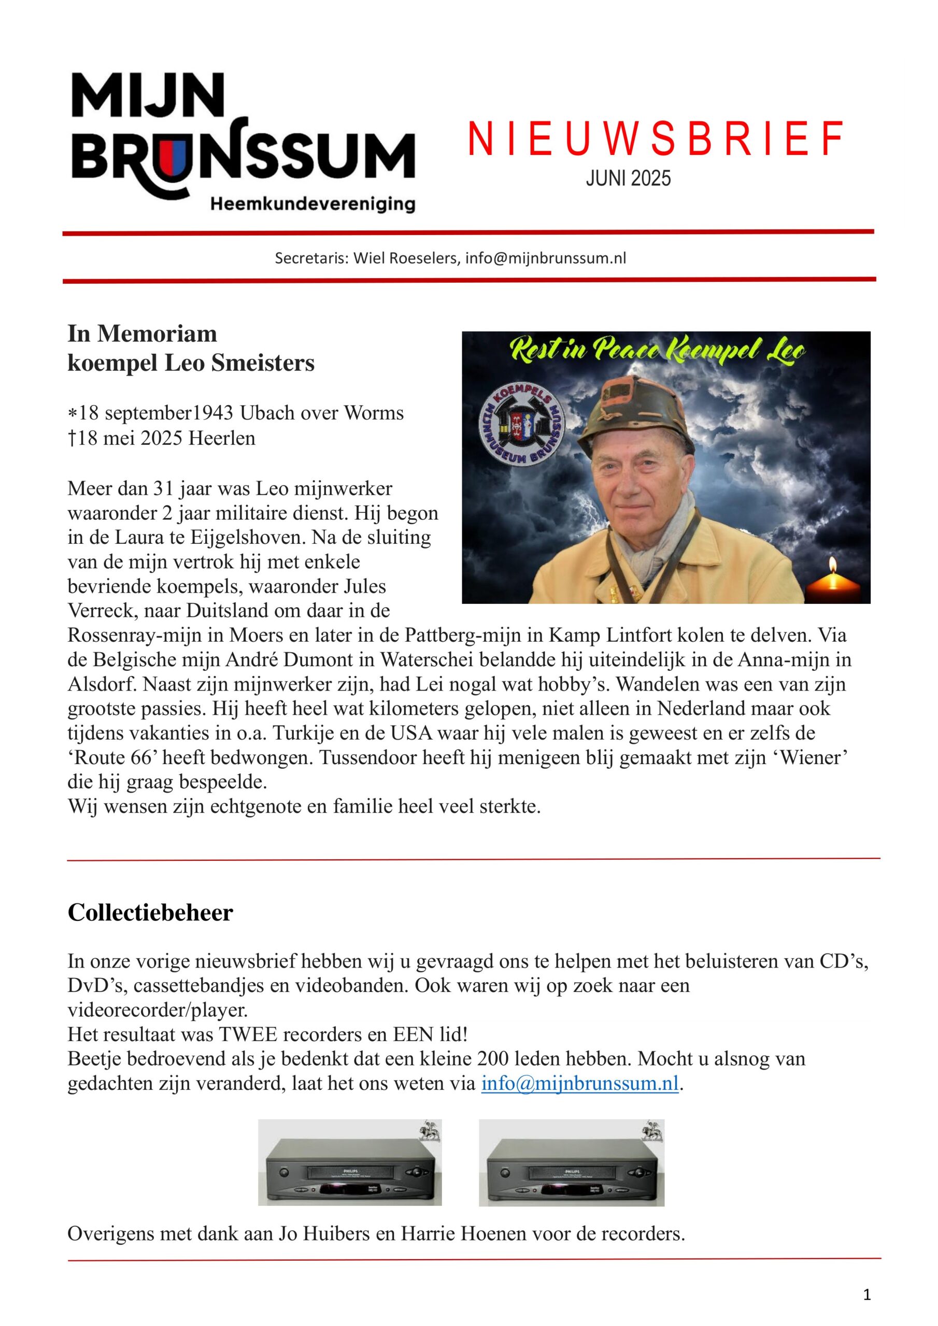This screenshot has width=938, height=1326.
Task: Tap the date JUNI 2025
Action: point(628,179)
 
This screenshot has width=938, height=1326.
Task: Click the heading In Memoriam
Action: point(142,334)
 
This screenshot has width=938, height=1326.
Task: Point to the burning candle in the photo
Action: point(833,582)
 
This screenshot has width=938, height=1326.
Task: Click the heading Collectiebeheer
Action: point(150,913)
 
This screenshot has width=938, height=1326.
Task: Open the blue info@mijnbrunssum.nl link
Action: point(580,1084)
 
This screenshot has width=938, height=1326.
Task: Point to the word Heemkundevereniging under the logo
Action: point(312,205)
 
